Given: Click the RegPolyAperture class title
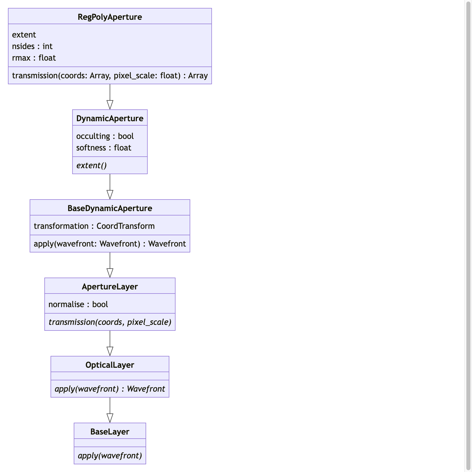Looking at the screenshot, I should pyautogui.click(x=110, y=17).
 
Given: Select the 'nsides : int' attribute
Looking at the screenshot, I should pyautogui.click(x=32, y=46).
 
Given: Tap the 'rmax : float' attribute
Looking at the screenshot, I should pyautogui.click(x=34, y=58).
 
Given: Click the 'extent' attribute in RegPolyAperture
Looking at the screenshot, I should pyautogui.click(x=24, y=35).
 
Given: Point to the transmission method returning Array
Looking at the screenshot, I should pyautogui.click(x=110, y=75).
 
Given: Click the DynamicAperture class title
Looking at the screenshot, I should pyautogui.click(x=110, y=118).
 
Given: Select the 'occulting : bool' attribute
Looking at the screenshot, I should pyautogui.click(x=105, y=136).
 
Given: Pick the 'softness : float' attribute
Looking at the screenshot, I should pyautogui.click(x=103, y=148).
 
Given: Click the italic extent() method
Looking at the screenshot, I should pyautogui.click(x=91, y=165).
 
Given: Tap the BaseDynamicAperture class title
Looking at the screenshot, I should pyautogui.click(x=110, y=208).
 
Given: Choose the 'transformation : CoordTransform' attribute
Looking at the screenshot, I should pyautogui.click(x=94, y=226).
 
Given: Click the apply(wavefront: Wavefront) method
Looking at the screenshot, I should pyautogui.click(x=110, y=244).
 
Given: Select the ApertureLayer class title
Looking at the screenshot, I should pyautogui.click(x=110, y=287).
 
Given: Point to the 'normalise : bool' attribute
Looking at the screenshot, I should pyautogui.click(x=78, y=304).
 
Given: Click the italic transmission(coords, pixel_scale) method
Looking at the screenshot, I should pyautogui.click(x=110, y=322).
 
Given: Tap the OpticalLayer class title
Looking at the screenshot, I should pyautogui.click(x=110, y=365).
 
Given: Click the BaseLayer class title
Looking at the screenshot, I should pyautogui.click(x=110, y=432).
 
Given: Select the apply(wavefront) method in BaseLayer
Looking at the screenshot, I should pyautogui.click(x=110, y=456).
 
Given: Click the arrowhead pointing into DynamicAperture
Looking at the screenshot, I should pyautogui.click(x=110, y=105).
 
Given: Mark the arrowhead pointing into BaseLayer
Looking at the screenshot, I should pyautogui.click(x=110, y=418).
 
